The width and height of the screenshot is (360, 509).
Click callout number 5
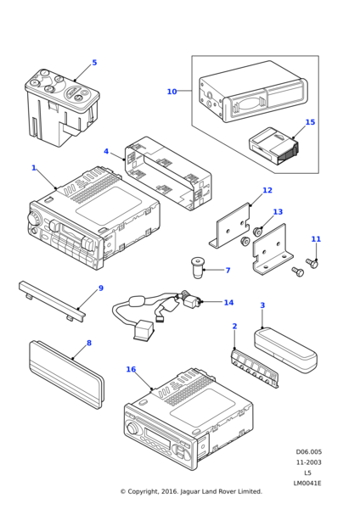click(94, 62)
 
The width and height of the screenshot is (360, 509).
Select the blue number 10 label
click(172, 92)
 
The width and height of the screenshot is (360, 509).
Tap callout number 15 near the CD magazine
click(310, 122)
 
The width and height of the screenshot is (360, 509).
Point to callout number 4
click(106, 151)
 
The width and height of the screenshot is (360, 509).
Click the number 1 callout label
click(34, 168)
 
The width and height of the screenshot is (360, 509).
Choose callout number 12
click(267, 190)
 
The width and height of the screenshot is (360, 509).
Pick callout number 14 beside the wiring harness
click(228, 303)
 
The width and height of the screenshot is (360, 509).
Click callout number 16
click(131, 369)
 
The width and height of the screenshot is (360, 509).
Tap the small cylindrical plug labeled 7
click(198, 267)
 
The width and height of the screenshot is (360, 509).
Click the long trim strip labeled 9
click(52, 301)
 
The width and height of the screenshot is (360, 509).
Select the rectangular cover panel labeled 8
click(66, 374)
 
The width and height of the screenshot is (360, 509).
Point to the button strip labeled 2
click(256, 368)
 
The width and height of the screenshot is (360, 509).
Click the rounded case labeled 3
click(285, 350)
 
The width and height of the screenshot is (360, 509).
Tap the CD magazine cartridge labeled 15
click(273, 146)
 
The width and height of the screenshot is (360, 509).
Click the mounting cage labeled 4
click(168, 173)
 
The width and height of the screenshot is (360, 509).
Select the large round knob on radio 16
click(132, 428)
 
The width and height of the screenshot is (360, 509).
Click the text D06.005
click(309, 451)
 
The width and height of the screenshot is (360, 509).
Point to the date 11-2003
click(309, 462)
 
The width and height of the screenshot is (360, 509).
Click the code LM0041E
click(307, 484)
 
